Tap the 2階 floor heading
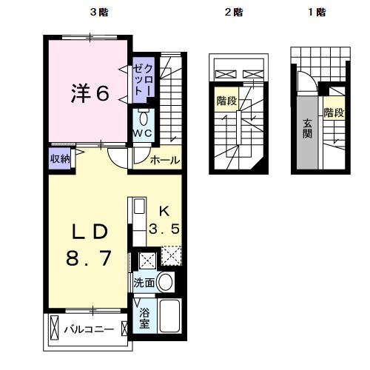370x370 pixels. point(234,12)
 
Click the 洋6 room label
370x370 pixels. point(90,93)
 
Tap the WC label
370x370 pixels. point(143,133)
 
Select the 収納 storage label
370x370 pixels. point(61,159)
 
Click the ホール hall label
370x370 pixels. point(164,160)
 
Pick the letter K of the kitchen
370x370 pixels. point(164,209)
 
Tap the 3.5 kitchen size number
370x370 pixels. point(165,229)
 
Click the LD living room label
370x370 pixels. point(90,232)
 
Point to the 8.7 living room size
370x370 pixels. point(90,260)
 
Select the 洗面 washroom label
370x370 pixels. point(145,283)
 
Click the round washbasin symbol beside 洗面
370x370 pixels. point(166,282)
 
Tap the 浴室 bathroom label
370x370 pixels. point(144,317)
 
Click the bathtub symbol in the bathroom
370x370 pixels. point(170,317)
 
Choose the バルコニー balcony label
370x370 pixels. point(87,327)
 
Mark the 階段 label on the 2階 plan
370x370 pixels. point(226,101)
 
